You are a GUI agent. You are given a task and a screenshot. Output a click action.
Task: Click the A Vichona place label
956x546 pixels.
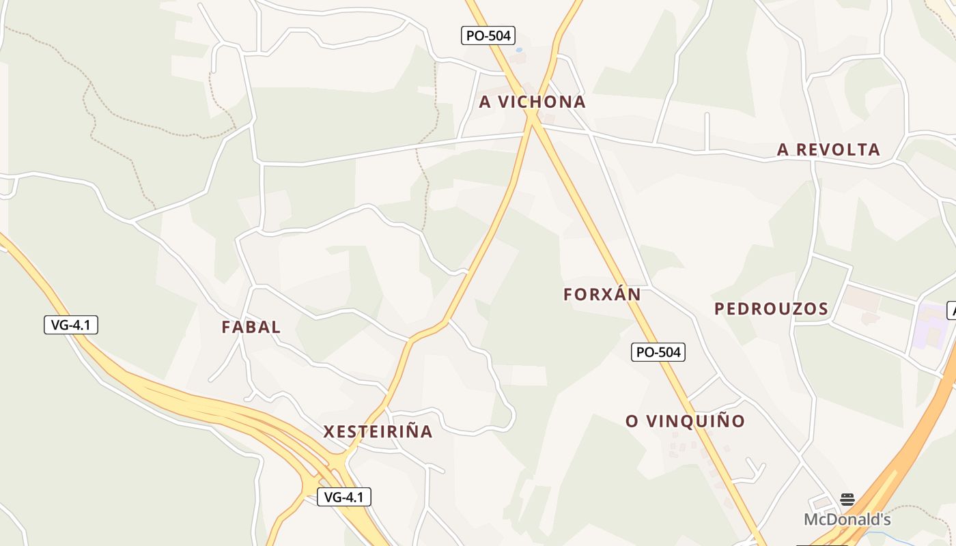coord(532,102)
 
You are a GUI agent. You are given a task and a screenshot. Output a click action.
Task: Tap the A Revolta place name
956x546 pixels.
coord(828,149)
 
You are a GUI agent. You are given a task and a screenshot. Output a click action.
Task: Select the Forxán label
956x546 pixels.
coord(602,294)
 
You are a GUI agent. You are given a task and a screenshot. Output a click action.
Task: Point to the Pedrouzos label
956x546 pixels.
coord(771,308)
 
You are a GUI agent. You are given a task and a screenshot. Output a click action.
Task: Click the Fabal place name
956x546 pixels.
coord(251,327)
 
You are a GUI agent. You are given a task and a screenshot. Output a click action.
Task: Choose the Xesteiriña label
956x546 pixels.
coord(378,431)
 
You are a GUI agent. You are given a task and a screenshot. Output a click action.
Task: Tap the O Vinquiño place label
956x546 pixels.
coord(685,421)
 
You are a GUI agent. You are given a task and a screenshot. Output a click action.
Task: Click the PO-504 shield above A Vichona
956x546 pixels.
coord(488,35)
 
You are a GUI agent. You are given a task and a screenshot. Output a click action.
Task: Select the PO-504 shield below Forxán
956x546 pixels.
coord(657,352)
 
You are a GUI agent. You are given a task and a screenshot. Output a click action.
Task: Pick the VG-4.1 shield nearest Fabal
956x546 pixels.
coord(71,325)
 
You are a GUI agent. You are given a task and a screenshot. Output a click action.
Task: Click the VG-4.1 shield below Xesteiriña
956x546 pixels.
coord(344,497)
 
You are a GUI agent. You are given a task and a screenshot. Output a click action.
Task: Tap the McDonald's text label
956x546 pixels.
coord(847,519)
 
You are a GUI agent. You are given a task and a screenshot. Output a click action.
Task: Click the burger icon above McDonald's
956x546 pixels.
coord(847,500)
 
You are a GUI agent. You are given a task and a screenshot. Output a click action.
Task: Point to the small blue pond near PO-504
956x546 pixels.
coord(519,50)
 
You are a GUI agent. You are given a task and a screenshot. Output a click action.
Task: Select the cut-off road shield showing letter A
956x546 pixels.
coord(952,311)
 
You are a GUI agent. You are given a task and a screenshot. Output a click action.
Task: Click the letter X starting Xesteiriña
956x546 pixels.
coord(329,431)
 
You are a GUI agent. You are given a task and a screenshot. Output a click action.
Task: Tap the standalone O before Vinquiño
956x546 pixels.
coord(632,421)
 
